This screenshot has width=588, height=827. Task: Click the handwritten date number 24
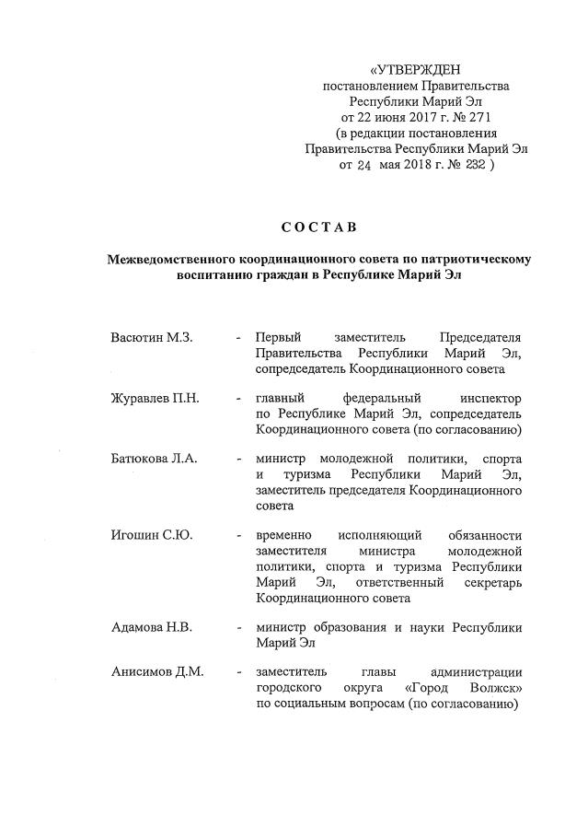363,166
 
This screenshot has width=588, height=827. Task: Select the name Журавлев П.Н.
156,399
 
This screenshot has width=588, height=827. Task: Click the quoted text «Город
429,690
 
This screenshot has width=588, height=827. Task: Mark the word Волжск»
495,690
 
